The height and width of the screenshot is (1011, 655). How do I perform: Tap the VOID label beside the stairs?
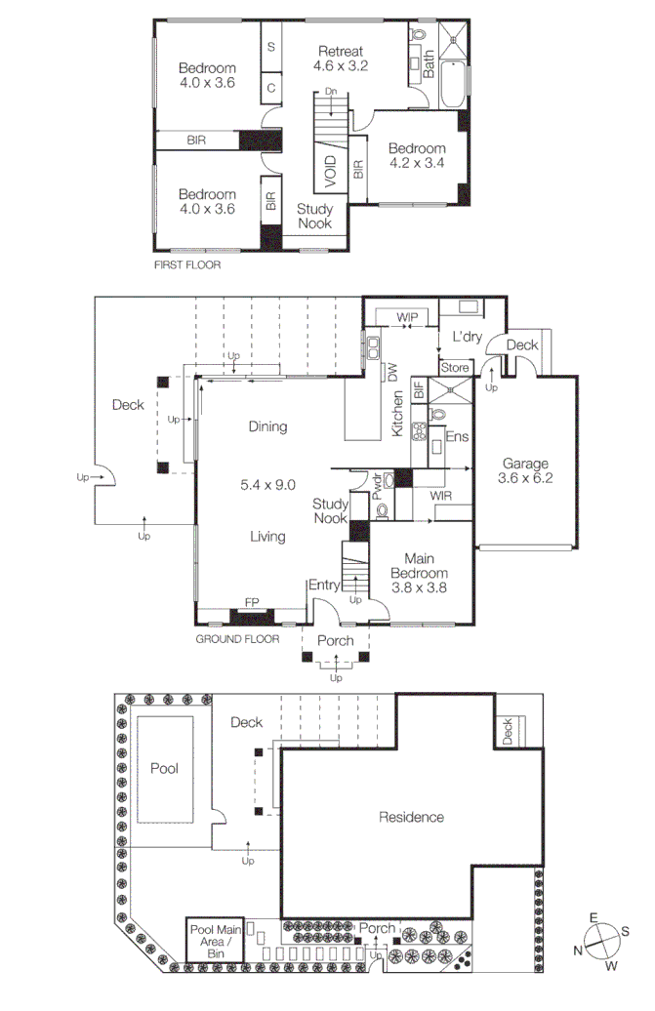(x=331, y=171)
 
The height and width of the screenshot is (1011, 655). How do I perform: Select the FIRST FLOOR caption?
(x=187, y=264)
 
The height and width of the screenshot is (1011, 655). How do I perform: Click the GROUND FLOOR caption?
(x=237, y=639)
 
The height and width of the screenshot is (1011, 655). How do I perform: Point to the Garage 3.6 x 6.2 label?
(x=526, y=471)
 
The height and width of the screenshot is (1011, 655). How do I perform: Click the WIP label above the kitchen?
(x=406, y=317)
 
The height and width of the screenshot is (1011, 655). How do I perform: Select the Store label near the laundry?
(x=455, y=368)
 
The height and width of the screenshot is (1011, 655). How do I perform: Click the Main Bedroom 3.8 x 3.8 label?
(x=420, y=580)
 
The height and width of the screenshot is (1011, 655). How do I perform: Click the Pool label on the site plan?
(x=164, y=769)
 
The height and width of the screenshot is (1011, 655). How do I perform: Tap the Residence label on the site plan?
(x=411, y=817)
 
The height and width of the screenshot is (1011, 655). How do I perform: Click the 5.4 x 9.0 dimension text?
(x=267, y=484)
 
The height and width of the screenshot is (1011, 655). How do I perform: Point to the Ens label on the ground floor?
(x=455, y=437)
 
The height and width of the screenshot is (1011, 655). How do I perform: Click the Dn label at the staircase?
(x=331, y=92)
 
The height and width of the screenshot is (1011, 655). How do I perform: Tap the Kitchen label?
(x=398, y=413)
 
